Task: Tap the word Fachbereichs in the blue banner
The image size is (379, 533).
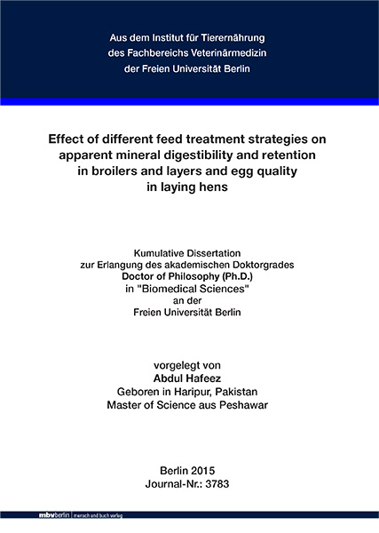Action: pos(146,53)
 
